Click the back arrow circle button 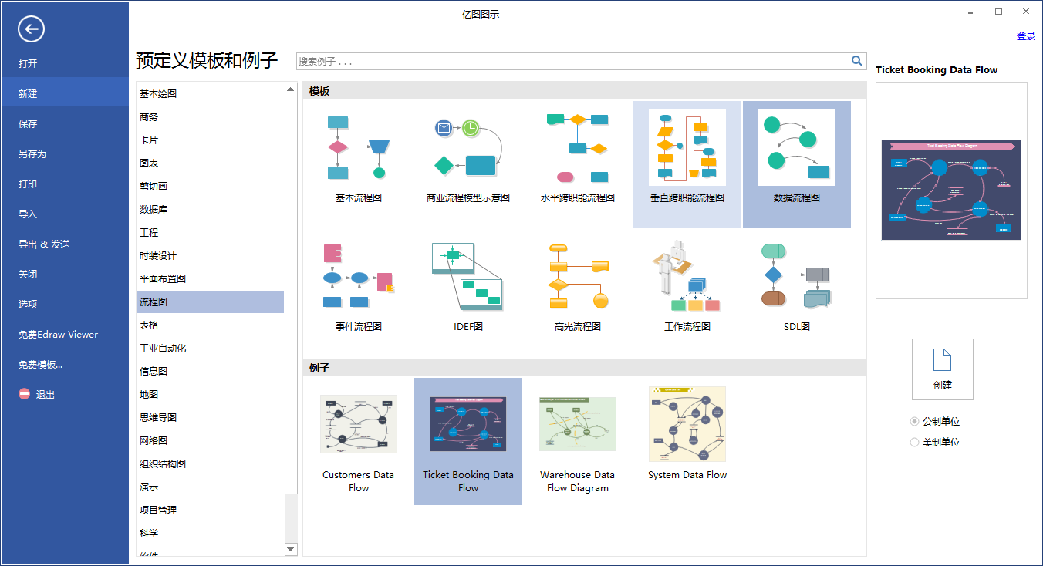[x=32, y=30]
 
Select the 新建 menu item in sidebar [x=28, y=93]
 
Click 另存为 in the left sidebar [x=32, y=153]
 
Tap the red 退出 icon [x=25, y=394]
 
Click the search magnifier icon [x=856, y=61]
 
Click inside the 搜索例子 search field [x=571, y=61]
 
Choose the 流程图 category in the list [x=154, y=302]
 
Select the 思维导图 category [x=158, y=417]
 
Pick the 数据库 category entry [x=154, y=209]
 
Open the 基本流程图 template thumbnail [x=358, y=147]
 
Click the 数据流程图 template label [x=796, y=197]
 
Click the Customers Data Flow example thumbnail [x=358, y=423]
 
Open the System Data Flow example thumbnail [x=687, y=423]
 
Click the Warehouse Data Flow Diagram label [x=577, y=481]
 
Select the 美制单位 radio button [x=915, y=443]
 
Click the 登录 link [x=1025, y=35]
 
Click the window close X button [x=1025, y=12]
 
